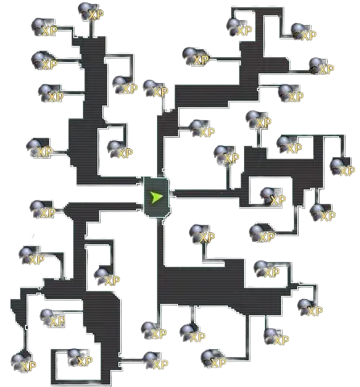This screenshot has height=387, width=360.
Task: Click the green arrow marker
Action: click(x=156, y=197)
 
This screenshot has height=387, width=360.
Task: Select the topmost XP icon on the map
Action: click(x=91, y=12)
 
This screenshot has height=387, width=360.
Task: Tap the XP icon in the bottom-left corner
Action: click(x=23, y=362)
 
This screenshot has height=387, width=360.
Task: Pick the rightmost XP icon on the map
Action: click(x=342, y=167)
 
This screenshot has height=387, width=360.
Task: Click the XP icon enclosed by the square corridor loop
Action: click(x=272, y=197)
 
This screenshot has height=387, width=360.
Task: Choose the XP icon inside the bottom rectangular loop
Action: click(x=80, y=358)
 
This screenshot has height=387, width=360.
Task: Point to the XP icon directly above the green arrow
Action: click(x=155, y=89)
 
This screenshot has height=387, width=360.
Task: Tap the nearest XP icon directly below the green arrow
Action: click(x=154, y=331)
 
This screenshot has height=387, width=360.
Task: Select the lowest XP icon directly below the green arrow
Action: click(x=155, y=361)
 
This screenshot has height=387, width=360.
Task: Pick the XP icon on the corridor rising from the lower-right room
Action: click(x=202, y=235)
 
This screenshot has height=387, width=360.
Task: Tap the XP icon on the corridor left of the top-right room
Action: click(x=196, y=57)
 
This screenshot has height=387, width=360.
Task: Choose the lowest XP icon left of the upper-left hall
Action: click(x=39, y=148)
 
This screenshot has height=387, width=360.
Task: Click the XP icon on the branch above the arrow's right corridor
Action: click(x=226, y=155)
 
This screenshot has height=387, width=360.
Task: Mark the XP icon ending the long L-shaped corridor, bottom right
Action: click(x=213, y=359)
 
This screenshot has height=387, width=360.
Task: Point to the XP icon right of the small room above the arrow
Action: click(x=202, y=129)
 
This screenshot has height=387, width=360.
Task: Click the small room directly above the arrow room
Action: click(x=168, y=123)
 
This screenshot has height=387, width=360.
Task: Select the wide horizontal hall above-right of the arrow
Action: click(x=216, y=95)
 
